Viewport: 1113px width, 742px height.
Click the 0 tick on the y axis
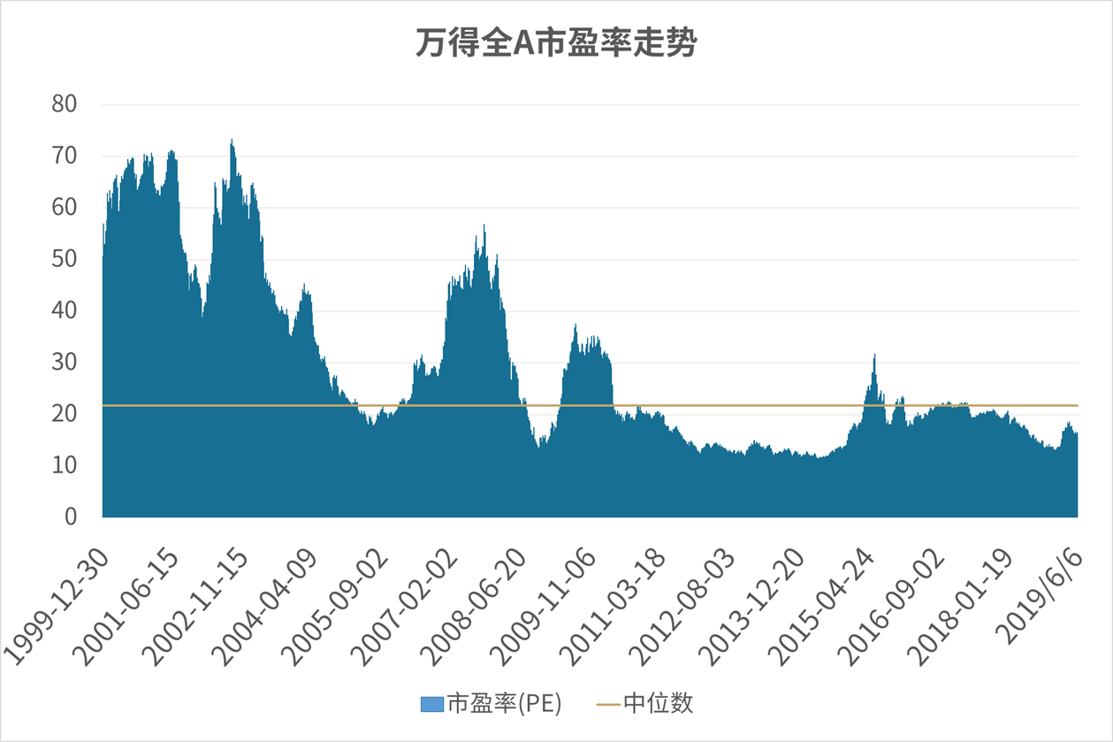(70, 516)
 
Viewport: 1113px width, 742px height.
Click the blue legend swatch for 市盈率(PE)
(431, 704)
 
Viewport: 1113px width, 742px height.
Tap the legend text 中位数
(659, 703)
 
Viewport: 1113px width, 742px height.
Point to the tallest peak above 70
(232, 141)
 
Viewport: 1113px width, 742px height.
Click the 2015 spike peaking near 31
(874, 356)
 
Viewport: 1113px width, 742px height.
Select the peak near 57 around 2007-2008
(484, 227)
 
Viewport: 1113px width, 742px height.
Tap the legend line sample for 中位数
(609, 704)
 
